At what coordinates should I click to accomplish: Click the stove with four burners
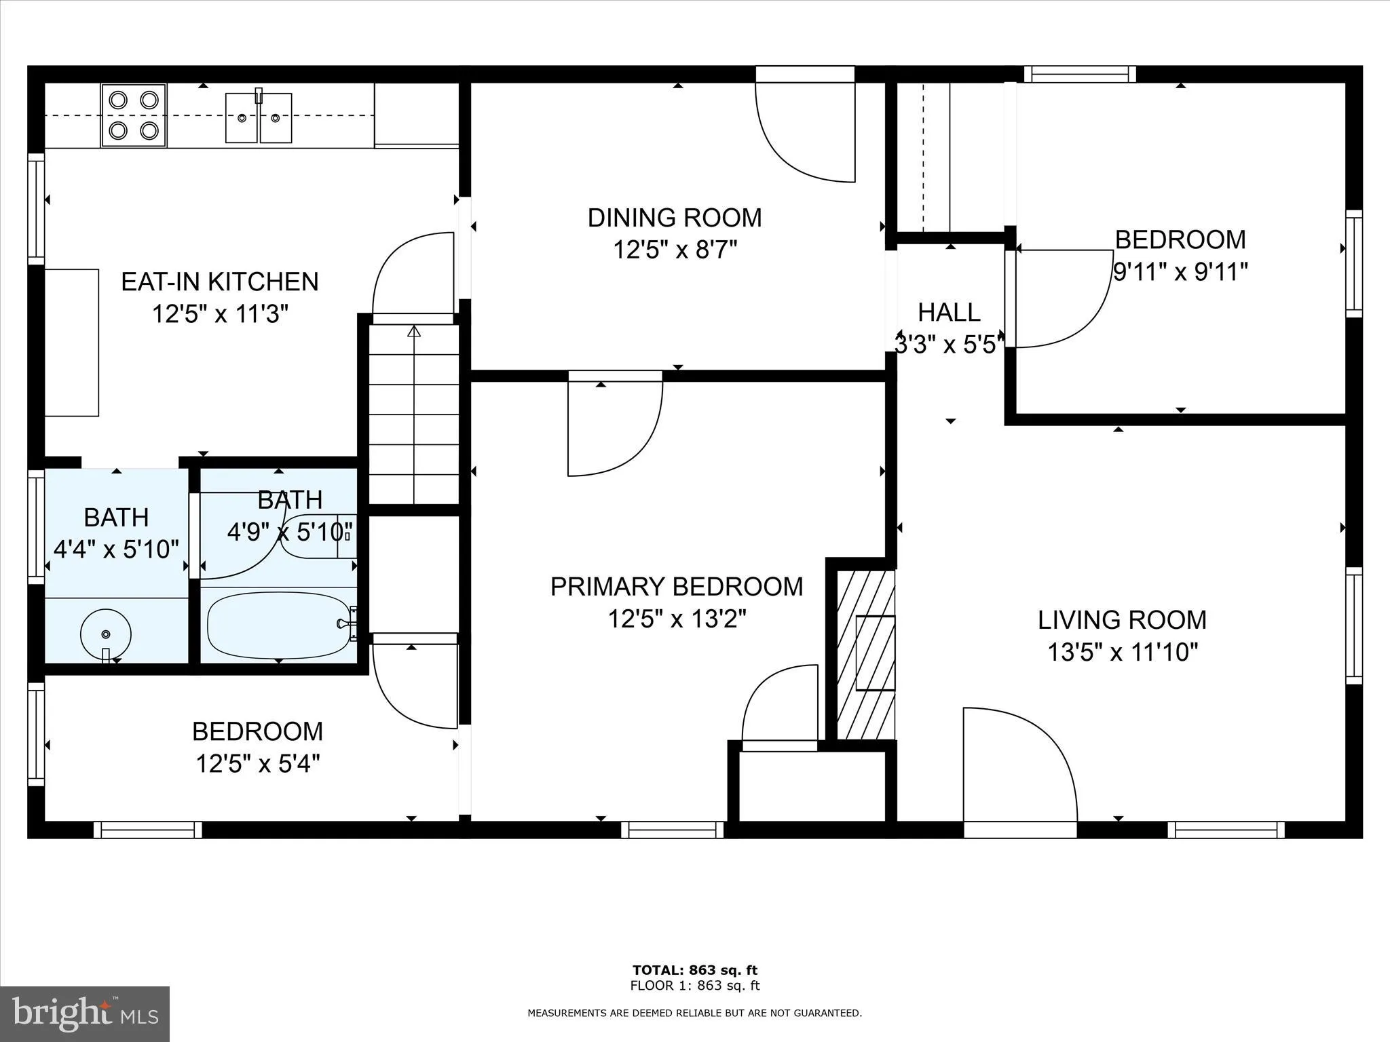[134, 115]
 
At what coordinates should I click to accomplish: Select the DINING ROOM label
[674, 218]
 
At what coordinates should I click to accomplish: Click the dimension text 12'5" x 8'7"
[674, 250]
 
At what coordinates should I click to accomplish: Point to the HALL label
[949, 312]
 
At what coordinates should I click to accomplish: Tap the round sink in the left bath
[105, 634]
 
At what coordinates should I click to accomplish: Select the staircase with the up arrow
[414, 414]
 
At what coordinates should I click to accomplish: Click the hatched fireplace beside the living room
[865, 654]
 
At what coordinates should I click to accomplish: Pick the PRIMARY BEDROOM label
[676, 587]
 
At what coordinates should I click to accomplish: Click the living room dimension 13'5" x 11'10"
[1123, 653]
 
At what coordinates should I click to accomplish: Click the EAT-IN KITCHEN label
[219, 282]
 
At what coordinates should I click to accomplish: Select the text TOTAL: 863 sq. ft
[694, 970]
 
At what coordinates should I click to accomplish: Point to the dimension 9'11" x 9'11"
[1180, 273]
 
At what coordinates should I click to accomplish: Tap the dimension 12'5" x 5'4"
[257, 765]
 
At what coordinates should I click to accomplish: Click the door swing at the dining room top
[804, 132]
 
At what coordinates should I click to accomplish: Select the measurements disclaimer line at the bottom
[694, 1014]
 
